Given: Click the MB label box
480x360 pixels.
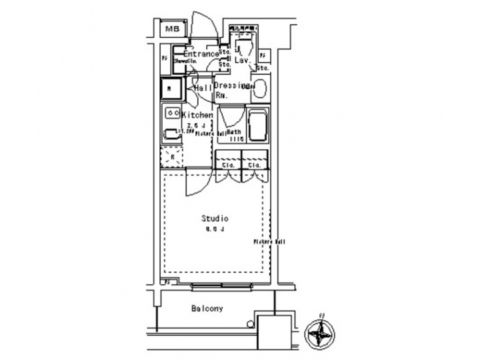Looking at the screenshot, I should (x=173, y=29).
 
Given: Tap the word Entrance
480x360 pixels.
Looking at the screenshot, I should (x=197, y=53).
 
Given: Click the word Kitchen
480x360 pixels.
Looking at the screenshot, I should (x=197, y=115).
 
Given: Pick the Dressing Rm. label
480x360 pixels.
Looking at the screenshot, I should (x=230, y=91).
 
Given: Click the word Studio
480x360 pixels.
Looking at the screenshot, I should (x=215, y=218).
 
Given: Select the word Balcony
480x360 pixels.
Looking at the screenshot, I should (x=207, y=309).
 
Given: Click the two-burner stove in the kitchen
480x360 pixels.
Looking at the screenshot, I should (x=172, y=113).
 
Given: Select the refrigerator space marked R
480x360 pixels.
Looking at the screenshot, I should (x=172, y=155).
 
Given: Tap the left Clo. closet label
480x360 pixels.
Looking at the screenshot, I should (x=227, y=163).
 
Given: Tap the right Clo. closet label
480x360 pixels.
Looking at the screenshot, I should (x=254, y=163).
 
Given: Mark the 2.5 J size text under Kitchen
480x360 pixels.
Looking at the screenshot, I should (x=195, y=125).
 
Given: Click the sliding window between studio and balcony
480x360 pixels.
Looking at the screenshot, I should (x=223, y=287).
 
